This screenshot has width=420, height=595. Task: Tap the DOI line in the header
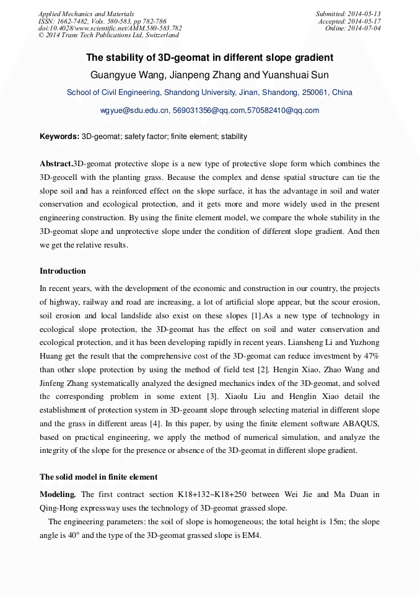pyautogui.click(x=110, y=28)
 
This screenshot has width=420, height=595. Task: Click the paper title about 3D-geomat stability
pyautogui.click(x=209, y=58)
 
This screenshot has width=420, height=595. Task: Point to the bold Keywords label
pyautogui.click(x=59, y=136)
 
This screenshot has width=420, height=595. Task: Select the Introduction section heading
pyautogui.click(x=63, y=271)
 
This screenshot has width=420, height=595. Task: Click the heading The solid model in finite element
pyautogui.click(x=98, y=477)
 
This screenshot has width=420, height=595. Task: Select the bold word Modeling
pyautogui.click(x=58, y=494)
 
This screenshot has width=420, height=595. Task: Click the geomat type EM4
pyautogui.click(x=252, y=535)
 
